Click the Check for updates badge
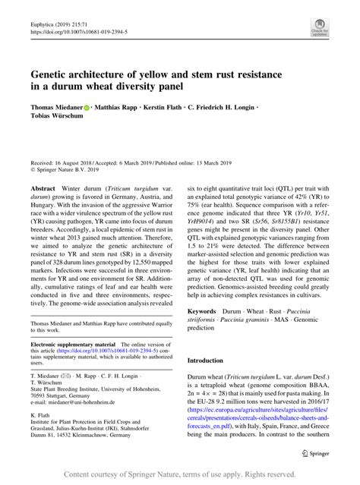320,30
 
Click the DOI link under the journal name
79,33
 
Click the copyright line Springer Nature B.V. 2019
71,172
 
